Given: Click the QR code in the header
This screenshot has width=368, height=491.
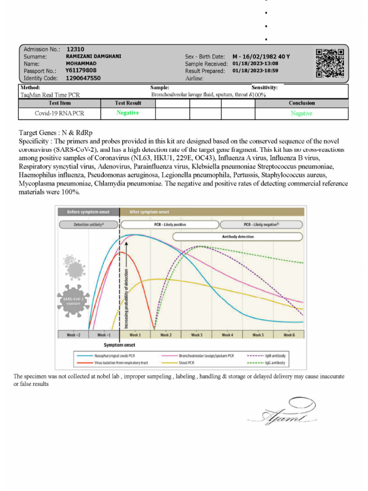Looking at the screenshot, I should click(x=330, y=63).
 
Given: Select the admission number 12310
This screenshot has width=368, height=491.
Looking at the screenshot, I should click(x=75, y=49).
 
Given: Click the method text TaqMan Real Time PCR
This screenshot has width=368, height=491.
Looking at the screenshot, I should click(x=50, y=95).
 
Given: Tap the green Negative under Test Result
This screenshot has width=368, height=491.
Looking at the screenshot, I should click(x=127, y=113).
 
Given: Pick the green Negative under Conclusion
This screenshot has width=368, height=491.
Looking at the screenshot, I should click(x=301, y=114).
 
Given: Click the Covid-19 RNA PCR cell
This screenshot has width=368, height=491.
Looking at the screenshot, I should click(x=60, y=114).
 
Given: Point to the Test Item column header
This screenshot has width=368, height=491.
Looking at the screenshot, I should click(x=60, y=103).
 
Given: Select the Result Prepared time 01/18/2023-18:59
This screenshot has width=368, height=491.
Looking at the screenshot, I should click(x=255, y=71).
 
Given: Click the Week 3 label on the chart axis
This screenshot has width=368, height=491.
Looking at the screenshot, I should click(x=196, y=335).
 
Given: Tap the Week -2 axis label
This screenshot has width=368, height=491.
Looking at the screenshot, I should click(x=73, y=335).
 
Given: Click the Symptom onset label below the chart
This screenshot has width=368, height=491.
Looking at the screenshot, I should click(x=119, y=345).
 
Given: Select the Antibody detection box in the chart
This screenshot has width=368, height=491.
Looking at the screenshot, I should click(x=238, y=236).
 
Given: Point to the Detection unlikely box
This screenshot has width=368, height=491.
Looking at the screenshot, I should click(x=89, y=224).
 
